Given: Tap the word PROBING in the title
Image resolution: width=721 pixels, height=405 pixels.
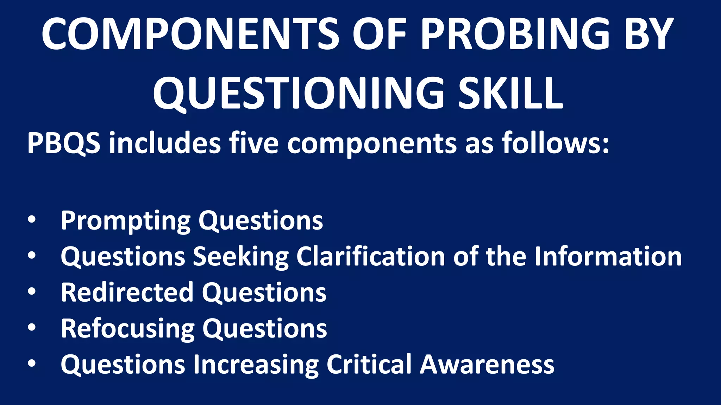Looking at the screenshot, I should pyautogui.click(x=515, y=34).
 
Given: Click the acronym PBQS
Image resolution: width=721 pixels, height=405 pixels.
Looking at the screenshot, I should pyautogui.click(x=64, y=143).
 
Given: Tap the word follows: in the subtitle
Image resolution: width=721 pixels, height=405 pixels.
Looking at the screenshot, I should pyautogui.click(x=556, y=143).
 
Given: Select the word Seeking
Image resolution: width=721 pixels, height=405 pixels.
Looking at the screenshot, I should pyautogui.click(x=241, y=257).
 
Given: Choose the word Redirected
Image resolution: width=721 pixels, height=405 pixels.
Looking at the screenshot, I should pyautogui.click(x=127, y=292).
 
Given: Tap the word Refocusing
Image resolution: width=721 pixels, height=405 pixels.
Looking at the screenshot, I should pyautogui.click(x=127, y=329).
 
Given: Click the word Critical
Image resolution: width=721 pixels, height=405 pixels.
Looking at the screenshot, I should pyautogui.click(x=369, y=365).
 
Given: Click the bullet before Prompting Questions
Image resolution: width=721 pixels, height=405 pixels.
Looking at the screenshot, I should pyautogui.click(x=32, y=220).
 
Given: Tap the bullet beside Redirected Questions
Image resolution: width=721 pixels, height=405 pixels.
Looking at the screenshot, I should pyautogui.click(x=32, y=291).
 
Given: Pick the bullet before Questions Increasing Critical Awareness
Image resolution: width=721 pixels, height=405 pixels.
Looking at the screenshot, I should pyautogui.click(x=32, y=364).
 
